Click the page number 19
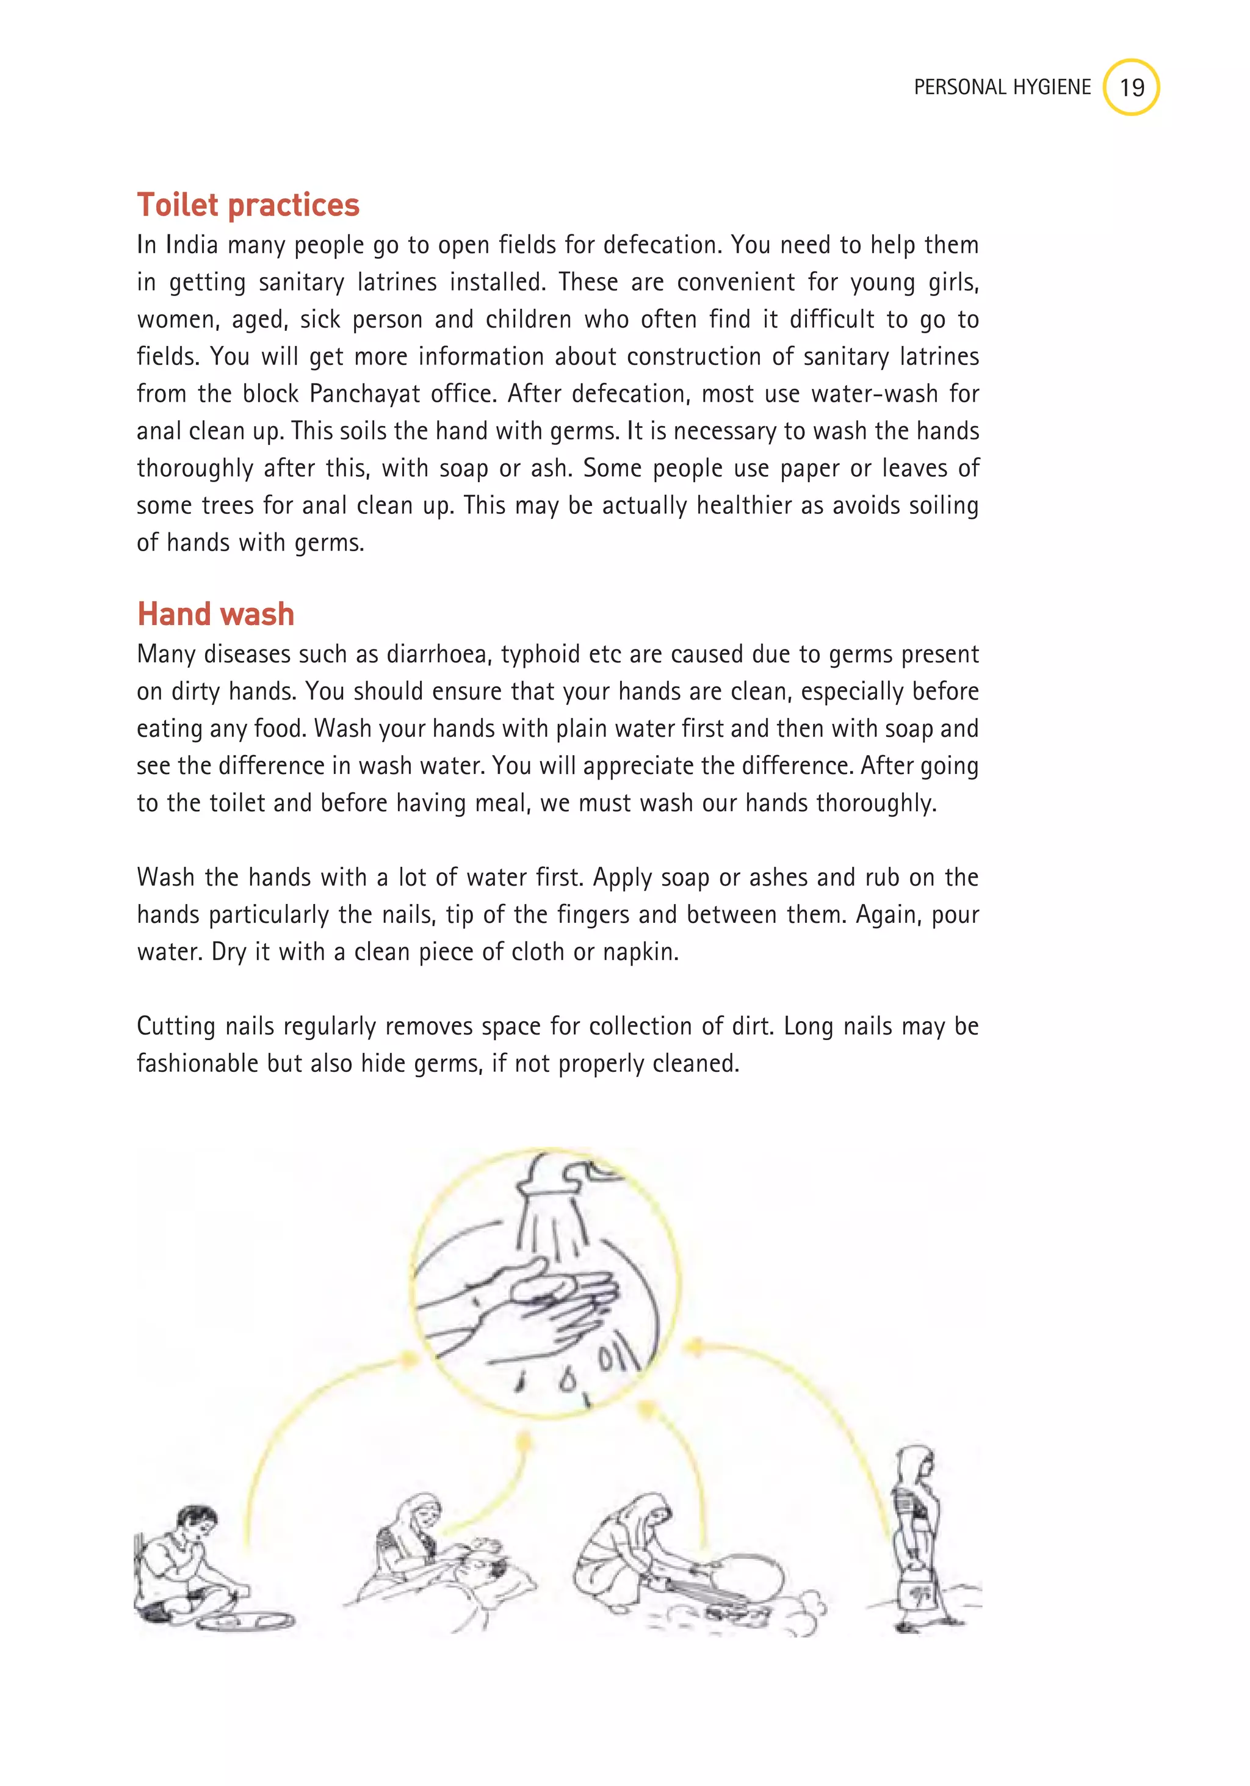[1131, 87]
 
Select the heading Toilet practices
[248, 204]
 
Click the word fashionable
[198, 1063]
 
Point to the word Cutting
[176, 1026]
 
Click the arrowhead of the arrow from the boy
[408, 1358]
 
